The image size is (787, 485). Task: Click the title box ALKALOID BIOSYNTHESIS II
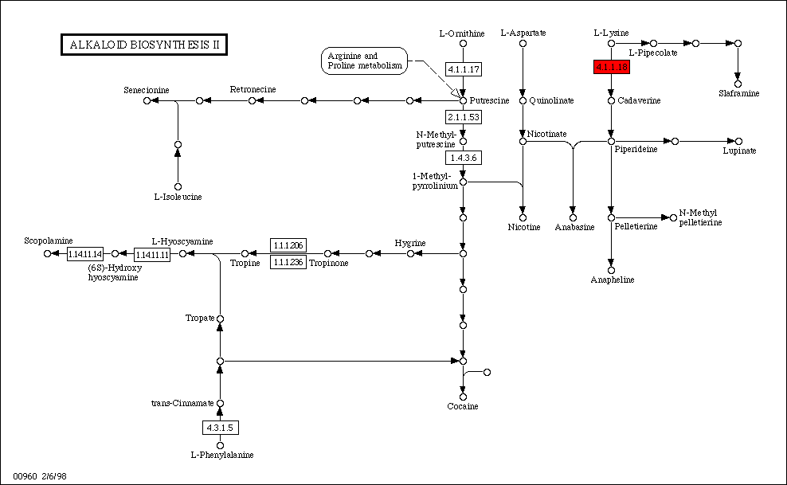(143, 45)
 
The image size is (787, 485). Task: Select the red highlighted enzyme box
(612, 68)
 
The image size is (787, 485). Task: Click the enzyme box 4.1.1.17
(463, 69)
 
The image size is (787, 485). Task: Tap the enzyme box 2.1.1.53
(463, 117)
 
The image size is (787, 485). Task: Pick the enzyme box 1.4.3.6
(463, 158)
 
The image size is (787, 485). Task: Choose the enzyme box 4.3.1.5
(220, 428)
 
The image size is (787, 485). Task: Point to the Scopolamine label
(49, 240)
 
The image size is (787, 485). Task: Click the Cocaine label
(463, 406)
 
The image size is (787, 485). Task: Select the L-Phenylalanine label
(221, 455)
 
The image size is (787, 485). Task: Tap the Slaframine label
(738, 93)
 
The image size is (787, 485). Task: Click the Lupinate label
(739, 151)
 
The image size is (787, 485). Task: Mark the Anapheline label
(612, 280)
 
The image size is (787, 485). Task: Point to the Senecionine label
(147, 89)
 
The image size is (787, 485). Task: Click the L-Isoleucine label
(178, 196)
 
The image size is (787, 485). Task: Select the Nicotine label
(523, 227)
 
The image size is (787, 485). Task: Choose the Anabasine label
(572, 227)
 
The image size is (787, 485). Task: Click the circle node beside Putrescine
(463, 100)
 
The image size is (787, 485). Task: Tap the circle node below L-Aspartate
(523, 43)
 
